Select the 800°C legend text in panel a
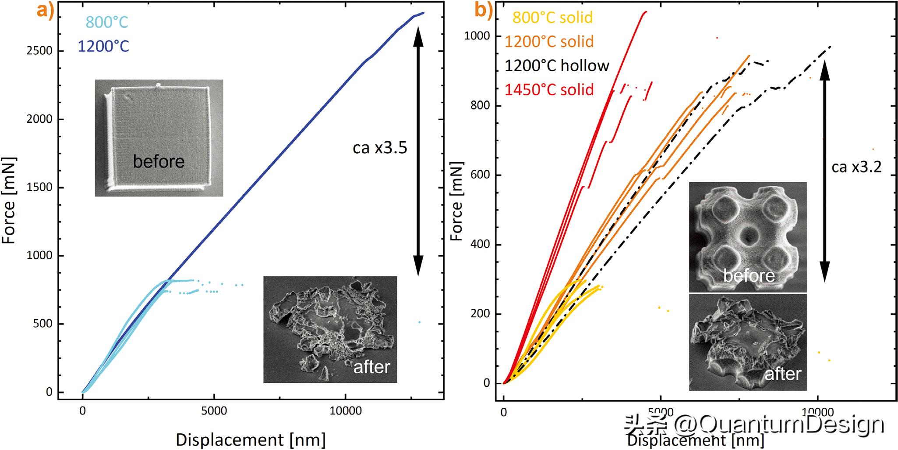(x=107, y=22)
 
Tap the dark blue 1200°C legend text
(x=103, y=46)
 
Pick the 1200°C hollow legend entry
(x=557, y=66)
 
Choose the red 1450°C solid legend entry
(x=549, y=90)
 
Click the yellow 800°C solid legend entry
(x=552, y=18)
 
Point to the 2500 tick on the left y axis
(x=39, y=51)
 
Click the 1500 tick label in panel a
(x=39, y=187)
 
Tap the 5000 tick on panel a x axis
(x=214, y=411)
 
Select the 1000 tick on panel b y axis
(x=477, y=36)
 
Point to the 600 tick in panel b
(x=480, y=175)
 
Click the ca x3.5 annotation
(x=380, y=148)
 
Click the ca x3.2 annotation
(x=856, y=167)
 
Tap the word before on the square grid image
(x=159, y=162)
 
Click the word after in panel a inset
(x=371, y=367)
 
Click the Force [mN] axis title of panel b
(x=456, y=202)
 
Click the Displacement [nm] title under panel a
(x=251, y=439)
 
